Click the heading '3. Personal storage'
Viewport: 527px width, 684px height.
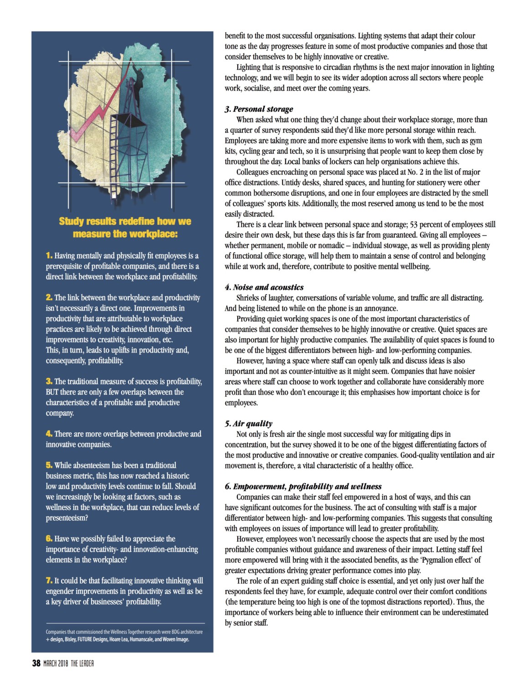(x=259, y=109)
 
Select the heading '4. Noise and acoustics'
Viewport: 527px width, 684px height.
(x=264, y=287)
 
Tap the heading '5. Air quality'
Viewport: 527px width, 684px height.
(x=248, y=423)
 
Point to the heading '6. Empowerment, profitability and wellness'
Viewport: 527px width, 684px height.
(x=303, y=486)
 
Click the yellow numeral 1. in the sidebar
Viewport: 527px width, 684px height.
(x=49, y=255)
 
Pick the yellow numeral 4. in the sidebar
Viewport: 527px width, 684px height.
(x=49, y=434)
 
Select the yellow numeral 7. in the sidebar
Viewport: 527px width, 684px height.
(x=49, y=580)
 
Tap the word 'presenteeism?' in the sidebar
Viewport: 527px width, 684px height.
(x=67, y=518)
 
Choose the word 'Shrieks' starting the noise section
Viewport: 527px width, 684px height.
(x=249, y=298)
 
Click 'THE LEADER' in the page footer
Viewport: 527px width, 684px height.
(x=82, y=663)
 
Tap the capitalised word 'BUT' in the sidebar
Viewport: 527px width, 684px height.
(x=52, y=392)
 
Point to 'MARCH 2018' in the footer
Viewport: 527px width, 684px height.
(x=56, y=663)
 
